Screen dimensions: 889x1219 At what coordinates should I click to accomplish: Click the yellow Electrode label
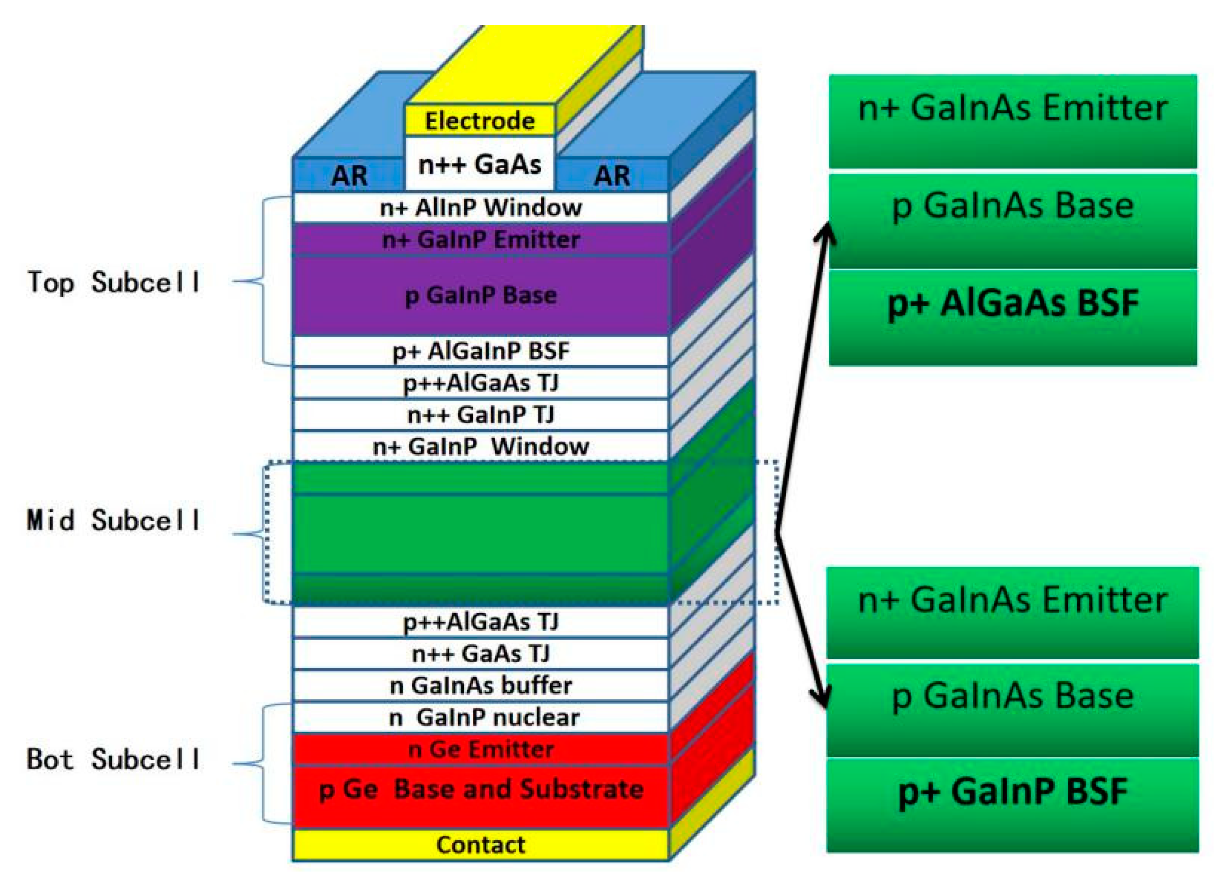click(x=479, y=120)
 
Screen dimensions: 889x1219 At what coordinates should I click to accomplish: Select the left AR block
click(x=349, y=175)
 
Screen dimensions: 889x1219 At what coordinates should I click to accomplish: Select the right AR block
click(x=612, y=175)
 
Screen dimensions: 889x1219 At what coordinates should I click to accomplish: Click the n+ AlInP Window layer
click(x=481, y=208)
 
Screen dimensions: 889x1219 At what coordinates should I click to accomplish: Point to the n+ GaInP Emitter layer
click(x=481, y=239)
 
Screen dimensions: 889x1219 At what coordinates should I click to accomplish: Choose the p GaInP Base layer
click(x=481, y=295)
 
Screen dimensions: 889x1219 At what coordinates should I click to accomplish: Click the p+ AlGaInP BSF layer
click(x=481, y=351)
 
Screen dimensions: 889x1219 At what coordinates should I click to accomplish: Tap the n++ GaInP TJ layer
click(x=481, y=415)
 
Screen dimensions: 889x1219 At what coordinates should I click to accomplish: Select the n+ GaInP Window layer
click(x=481, y=447)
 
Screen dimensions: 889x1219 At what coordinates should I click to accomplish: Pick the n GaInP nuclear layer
click(x=481, y=718)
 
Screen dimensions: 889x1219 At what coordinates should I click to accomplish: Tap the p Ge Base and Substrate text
click(x=481, y=790)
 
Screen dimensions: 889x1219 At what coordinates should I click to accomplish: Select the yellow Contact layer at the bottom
click(x=481, y=845)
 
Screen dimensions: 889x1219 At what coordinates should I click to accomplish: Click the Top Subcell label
click(x=114, y=282)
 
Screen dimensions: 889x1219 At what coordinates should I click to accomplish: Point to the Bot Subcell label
click(x=114, y=759)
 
